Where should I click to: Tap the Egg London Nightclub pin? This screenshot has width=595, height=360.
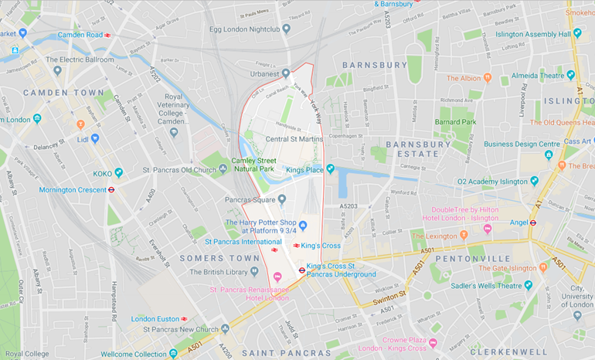(286, 29)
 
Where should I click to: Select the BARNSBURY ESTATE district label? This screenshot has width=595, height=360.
(418, 149)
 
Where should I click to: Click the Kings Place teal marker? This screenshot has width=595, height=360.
(330, 168)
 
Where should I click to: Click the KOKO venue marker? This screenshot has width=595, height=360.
(118, 173)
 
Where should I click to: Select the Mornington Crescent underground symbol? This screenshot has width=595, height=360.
(111, 189)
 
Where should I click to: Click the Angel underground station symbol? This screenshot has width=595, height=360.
(532, 222)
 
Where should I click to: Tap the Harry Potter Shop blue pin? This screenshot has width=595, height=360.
(303, 226)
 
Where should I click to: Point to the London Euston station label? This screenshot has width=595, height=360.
(155, 318)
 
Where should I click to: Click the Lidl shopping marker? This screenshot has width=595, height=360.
(94, 138)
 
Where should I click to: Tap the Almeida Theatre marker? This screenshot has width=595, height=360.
(570, 75)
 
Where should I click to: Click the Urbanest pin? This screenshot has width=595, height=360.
(286, 73)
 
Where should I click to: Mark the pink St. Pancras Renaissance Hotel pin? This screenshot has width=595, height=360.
(277, 277)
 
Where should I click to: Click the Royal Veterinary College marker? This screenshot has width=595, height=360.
(173, 132)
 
